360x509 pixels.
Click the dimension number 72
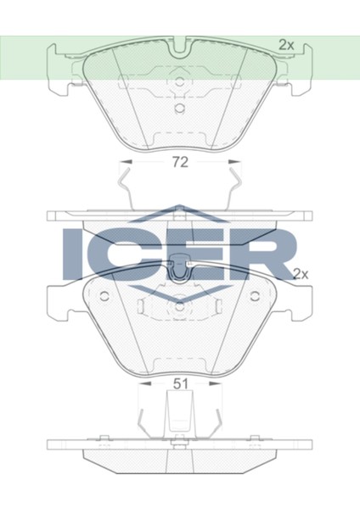180,161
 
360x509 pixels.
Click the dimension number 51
180,383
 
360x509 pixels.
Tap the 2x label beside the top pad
287,44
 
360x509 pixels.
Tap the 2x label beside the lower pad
301,273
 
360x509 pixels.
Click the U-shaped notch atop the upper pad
180,49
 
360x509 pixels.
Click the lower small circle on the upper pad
179,109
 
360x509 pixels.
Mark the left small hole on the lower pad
103,296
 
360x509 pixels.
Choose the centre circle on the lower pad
179,308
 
